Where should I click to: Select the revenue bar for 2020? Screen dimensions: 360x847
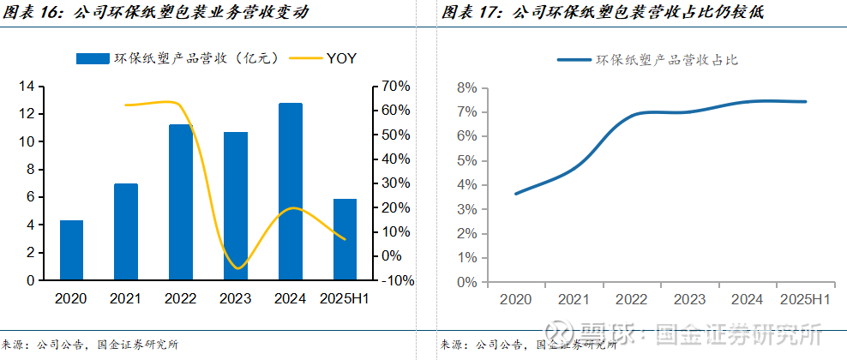click(x=71, y=249)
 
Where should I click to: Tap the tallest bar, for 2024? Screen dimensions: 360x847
click(x=291, y=191)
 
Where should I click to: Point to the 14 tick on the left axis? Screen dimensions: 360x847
click(x=26, y=87)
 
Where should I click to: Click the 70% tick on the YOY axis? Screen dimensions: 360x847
click(x=397, y=87)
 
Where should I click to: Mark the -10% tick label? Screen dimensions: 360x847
click(x=397, y=280)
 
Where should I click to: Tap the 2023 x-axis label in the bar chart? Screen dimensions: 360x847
click(x=236, y=298)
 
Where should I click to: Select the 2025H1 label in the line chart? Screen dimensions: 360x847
click(x=805, y=299)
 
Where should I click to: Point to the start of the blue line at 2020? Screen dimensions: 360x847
click(x=515, y=194)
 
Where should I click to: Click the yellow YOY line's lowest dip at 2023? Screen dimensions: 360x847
click(x=237, y=268)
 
